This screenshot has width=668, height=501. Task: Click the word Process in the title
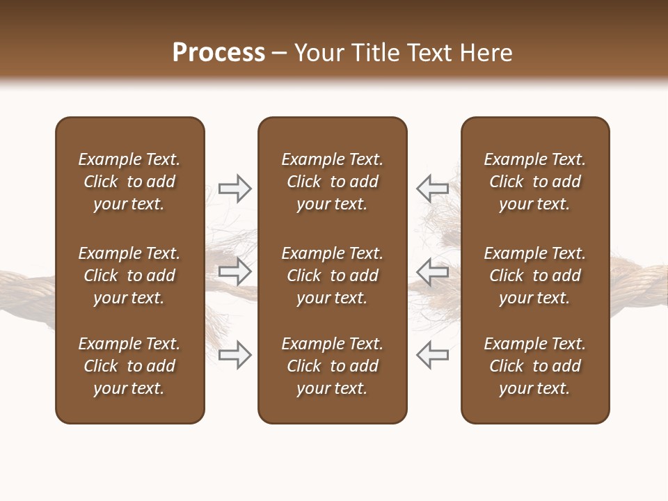coord(218,53)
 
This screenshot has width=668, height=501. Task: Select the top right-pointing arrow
coord(234,188)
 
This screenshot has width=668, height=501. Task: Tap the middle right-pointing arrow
coord(234,271)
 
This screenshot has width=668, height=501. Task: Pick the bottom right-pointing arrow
coord(234,354)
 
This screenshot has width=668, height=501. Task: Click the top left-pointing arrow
coord(433,188)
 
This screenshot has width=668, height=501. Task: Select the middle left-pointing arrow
coord(433,271)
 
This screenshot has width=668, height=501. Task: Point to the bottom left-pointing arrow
coord(433,354)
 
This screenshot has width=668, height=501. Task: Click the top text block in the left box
coord(129,182)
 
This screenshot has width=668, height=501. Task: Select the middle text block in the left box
coord(129,276)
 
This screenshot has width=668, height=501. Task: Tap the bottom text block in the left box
coord(129,366)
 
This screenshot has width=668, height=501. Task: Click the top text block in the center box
coord(332,182)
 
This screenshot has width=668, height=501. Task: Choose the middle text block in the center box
coord(332,276)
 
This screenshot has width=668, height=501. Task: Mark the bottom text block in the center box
coord(332,366)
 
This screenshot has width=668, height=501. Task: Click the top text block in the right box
coord(534,182)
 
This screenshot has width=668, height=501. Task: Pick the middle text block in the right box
coord(534,276)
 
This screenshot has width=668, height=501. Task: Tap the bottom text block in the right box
coord(534,366)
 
